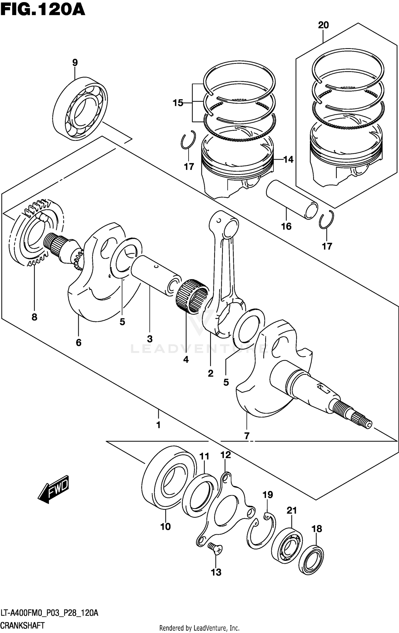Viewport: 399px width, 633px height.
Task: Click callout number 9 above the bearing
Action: (75, 63)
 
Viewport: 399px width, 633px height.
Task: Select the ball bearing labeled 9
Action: (80, 109)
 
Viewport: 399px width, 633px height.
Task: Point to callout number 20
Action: (323, 25)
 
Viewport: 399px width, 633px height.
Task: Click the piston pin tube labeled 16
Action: (292, 199)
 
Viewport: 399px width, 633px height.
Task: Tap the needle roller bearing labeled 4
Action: (192, 295)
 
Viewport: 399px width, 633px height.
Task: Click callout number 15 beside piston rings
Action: (178, 103)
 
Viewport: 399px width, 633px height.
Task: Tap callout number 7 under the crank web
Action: (247, 436)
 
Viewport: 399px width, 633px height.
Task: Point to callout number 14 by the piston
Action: (288, 159)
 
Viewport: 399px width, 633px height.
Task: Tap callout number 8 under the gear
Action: (34, 317)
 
